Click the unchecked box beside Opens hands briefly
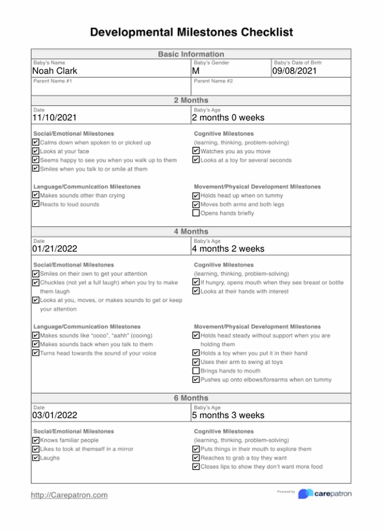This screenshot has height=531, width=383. click(196, 213)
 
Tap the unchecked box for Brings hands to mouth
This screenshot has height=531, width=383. click(196, 371)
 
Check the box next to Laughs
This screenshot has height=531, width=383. click(35, 458)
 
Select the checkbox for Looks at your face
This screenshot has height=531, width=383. click(35, 151)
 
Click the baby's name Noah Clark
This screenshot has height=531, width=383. click(55, 71)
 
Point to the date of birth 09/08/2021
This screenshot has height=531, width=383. click(294, 71)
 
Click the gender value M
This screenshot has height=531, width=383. click(196, 71)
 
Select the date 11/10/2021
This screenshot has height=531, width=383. click(54, 118)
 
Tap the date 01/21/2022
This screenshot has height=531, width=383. click(55, 249)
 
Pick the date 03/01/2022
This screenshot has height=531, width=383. click(55, 415)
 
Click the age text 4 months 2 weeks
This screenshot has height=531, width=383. click(228, 249)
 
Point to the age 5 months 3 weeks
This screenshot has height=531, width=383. click(228, 415)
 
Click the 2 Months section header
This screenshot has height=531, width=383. click(191, 100)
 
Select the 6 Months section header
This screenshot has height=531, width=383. click(191, 398)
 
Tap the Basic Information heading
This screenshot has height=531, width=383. click(191, 54)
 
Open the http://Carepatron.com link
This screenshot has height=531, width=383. click(69, 495)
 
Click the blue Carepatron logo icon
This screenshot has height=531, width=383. click(305, 494)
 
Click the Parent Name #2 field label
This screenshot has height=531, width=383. click(213, 81)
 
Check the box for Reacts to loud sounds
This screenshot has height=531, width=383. click(35, 204)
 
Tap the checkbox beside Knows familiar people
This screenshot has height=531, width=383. click(35, 440)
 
